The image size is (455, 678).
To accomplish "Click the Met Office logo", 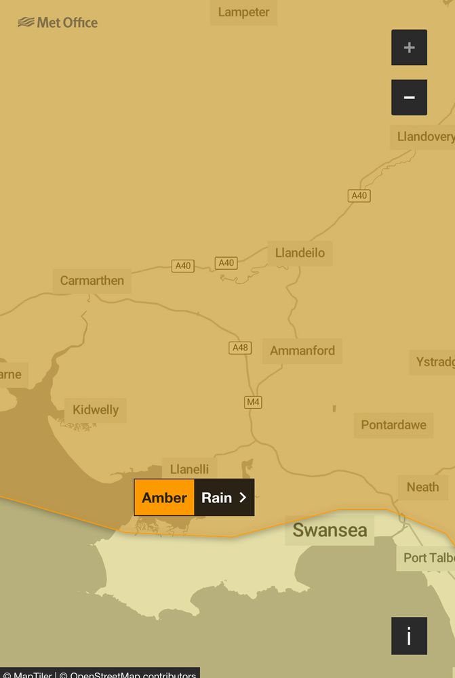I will (x=58, y=22).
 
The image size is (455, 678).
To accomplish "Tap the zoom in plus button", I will (x=409, y=47).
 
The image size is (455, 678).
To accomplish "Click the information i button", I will (x=409, y=636).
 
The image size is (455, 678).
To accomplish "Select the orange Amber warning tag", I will (x=164, y=498).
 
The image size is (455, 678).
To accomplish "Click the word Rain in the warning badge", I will (x=217, y=498).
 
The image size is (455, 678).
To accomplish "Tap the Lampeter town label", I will (x=243, y=12).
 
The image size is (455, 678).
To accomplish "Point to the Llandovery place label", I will (x=424, y=136).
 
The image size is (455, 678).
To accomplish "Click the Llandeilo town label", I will (x=300, y=253).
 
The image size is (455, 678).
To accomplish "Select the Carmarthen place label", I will (x=92, y=280).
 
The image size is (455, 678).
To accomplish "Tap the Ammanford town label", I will (x=302, y=351).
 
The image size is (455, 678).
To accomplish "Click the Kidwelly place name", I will (x=96, y=410).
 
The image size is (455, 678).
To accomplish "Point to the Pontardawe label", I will (x=393, y=425).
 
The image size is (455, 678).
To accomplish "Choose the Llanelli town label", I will (x=189, y=469).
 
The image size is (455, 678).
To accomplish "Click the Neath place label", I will (x=422, y=487).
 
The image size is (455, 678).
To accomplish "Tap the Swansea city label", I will (x=330, y=530).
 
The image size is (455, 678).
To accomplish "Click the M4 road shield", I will (x=253, y=402).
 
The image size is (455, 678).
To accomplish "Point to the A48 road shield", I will (x=240, y=348).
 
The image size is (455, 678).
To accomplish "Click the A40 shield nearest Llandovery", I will (x=359, y=195).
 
